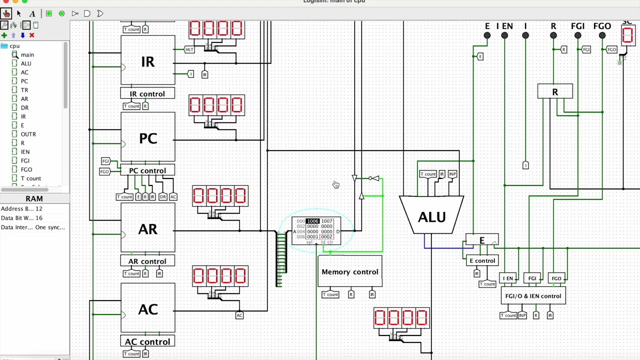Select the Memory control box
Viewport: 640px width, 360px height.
coord(350,271)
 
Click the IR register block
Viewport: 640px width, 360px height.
coord(147,61)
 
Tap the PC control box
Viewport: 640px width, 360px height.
coord(147,170)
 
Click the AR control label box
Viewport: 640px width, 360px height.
coord(147,261)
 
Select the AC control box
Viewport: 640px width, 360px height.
coord(147,341)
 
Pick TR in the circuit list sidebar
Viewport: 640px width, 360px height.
coord(24,90)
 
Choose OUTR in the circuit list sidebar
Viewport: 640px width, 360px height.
coord(28,134)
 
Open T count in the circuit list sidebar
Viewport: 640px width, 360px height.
coord(30,178)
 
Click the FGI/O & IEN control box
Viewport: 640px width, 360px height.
coord(533,296)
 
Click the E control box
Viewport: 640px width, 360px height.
coord(482,260)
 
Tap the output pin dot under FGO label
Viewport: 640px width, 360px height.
coord(602,35)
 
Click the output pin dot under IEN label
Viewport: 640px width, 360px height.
coord(504,35)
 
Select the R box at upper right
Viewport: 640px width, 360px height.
coord(555,92)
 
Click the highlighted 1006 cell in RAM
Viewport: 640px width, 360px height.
coord(312,221)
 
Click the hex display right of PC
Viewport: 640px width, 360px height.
coord(216,105)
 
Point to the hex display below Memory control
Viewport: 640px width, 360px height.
coord(401,318)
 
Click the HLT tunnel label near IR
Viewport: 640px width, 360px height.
coord(189,49)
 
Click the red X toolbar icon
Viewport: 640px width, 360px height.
coord(31,35)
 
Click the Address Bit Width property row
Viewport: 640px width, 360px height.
coord(22,208)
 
